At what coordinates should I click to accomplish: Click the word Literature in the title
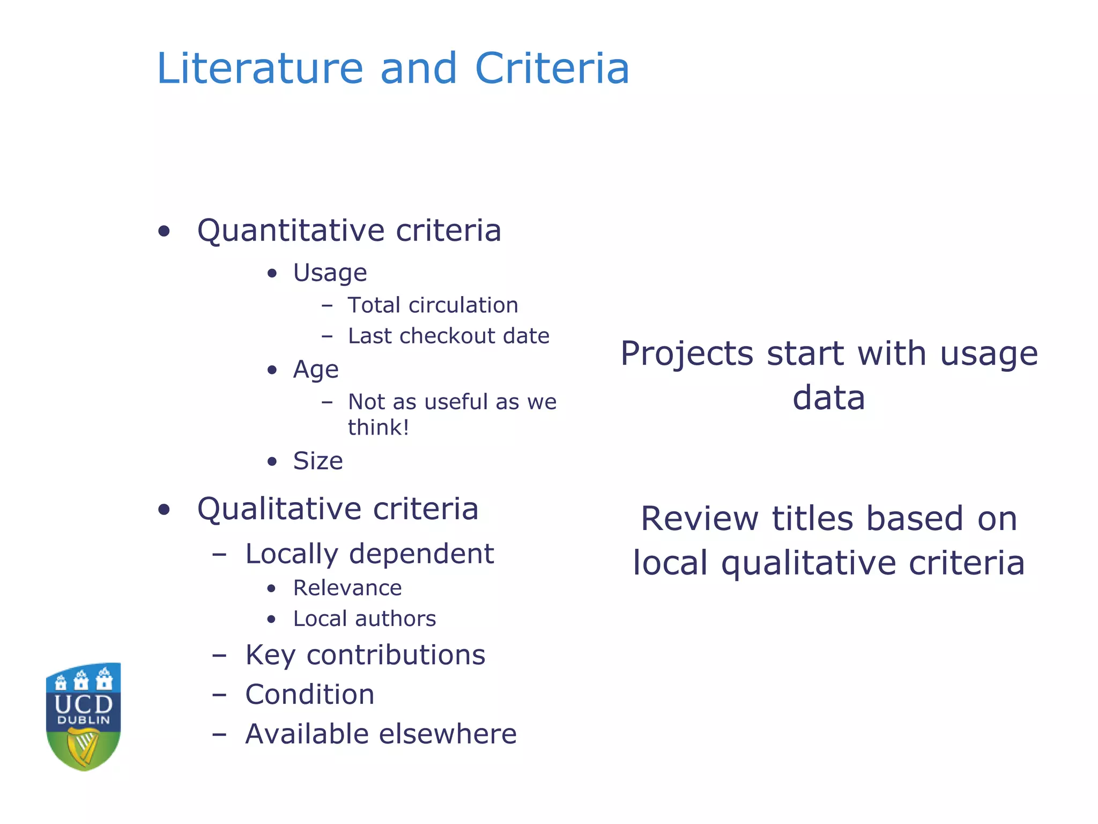[260, 69]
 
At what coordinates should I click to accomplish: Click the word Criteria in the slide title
[552, 69]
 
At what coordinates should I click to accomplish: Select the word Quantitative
[290, 231]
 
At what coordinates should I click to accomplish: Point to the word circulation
[463, 305]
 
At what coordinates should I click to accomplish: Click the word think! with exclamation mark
[379, 428]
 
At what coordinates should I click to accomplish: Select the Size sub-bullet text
[318, 461]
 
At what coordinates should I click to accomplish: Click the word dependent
[421, 554]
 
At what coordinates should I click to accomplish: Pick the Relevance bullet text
[347, 588]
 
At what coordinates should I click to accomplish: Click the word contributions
[396, 655]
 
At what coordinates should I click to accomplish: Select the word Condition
[310, 695]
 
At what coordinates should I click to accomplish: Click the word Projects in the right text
[687, 354]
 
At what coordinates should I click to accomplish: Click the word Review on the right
[699, 519]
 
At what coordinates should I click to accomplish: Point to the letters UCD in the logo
[84, 704]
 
